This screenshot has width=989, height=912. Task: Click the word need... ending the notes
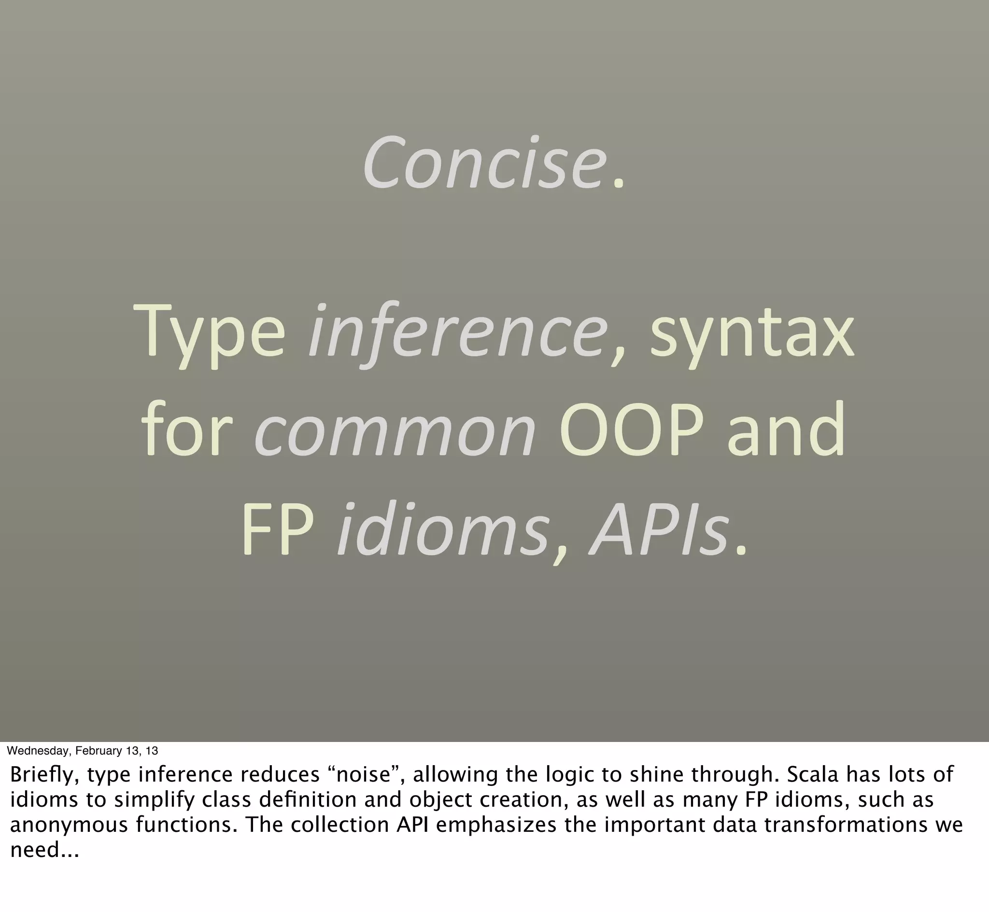[44, 850]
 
